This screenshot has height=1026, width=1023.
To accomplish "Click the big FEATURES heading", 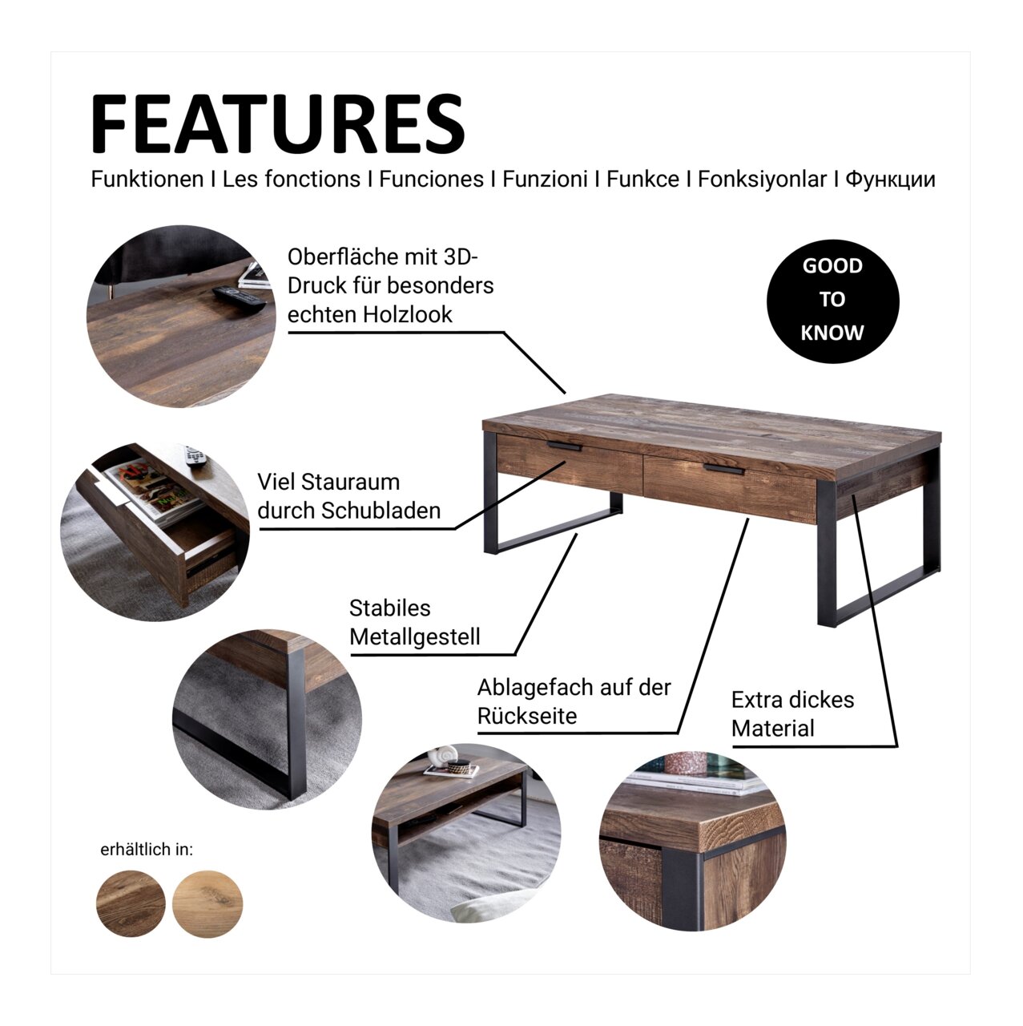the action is [278, 123].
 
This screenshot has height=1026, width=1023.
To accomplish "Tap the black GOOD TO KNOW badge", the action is [832, 301].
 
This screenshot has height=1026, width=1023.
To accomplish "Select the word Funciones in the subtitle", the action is [431, 180].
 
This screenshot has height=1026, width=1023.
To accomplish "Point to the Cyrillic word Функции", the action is [890, 180].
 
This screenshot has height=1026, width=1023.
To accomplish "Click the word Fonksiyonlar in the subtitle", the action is [762, 180].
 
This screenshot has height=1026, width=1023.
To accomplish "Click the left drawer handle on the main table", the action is [564, 446].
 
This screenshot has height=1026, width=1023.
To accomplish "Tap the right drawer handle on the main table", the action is [724, 469].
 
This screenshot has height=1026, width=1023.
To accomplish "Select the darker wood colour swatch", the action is [131, 903].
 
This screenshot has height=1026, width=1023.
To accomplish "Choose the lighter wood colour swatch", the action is [207, 903].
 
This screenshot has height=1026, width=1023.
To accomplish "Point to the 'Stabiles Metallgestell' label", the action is [415, 622].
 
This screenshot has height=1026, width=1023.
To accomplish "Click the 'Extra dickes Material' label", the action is [792, 714].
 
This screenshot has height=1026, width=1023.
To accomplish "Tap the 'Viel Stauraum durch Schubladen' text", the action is [349, 496].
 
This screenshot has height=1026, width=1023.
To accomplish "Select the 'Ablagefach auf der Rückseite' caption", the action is [574, 701].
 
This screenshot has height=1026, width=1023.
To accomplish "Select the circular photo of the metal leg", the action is [268, 719].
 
